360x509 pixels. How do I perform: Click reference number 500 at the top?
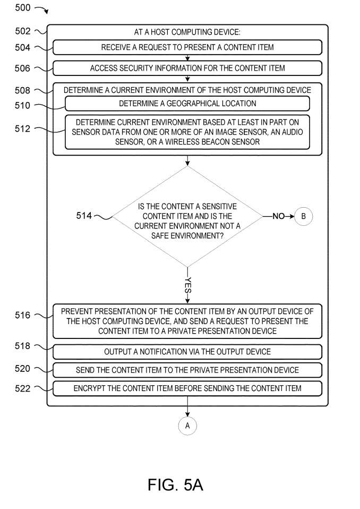coord(21,9)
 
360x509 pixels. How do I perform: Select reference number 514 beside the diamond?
coord(83,216)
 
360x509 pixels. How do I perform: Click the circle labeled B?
coord(304,216)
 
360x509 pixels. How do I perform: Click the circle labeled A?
coord(187,426)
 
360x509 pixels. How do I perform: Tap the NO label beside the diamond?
coord(278,216)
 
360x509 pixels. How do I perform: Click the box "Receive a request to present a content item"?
coord(187,47)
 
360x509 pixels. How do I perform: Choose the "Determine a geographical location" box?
coord(187,103)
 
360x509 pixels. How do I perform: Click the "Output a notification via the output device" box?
coord(187,352)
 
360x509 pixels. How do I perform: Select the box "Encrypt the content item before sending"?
coord(187,388)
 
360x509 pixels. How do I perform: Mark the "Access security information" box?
coord(187,68)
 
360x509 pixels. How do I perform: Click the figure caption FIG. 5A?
coord(175,485)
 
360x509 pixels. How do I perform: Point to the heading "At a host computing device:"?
coord(187,32)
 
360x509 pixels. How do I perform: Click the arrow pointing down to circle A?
coord(187,411)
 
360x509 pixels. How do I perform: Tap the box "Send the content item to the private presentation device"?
coord(187,370)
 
